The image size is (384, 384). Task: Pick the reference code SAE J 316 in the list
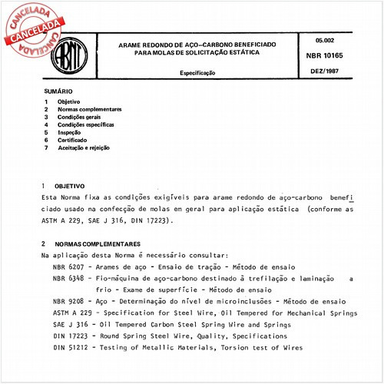pyautogui.click(x=69, y=325)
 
